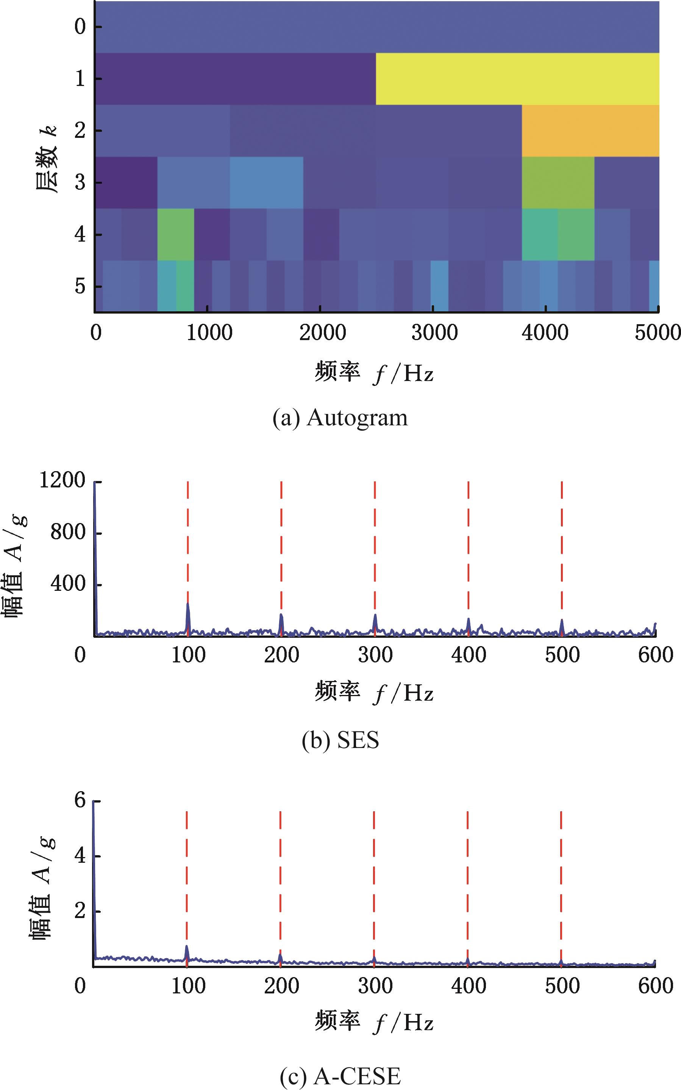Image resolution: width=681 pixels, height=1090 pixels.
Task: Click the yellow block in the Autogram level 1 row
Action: point(517,79)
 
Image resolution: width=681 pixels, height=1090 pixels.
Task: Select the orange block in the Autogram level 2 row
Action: point(590,131)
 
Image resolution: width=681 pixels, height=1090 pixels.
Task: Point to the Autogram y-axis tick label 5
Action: point(80,286)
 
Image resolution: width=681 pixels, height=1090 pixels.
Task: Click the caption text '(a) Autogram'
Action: point(340,418)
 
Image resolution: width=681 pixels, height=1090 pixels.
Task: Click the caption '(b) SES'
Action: point(340,740)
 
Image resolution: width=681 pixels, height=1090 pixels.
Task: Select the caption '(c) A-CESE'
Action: point(340,1074)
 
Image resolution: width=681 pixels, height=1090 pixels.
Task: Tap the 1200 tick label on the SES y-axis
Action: point(62,481)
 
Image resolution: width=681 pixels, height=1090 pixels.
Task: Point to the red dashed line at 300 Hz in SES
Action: point(375,540)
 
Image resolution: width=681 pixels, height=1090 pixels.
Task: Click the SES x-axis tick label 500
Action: point(562,655)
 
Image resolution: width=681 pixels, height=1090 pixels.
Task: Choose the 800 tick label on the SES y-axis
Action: point(67,533)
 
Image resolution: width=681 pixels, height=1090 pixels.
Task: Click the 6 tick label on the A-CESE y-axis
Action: point(80,801)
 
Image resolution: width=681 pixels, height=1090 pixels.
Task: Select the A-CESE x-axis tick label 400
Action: point(469,986)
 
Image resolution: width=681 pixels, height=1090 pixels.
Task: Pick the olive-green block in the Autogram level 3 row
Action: point(558,182)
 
